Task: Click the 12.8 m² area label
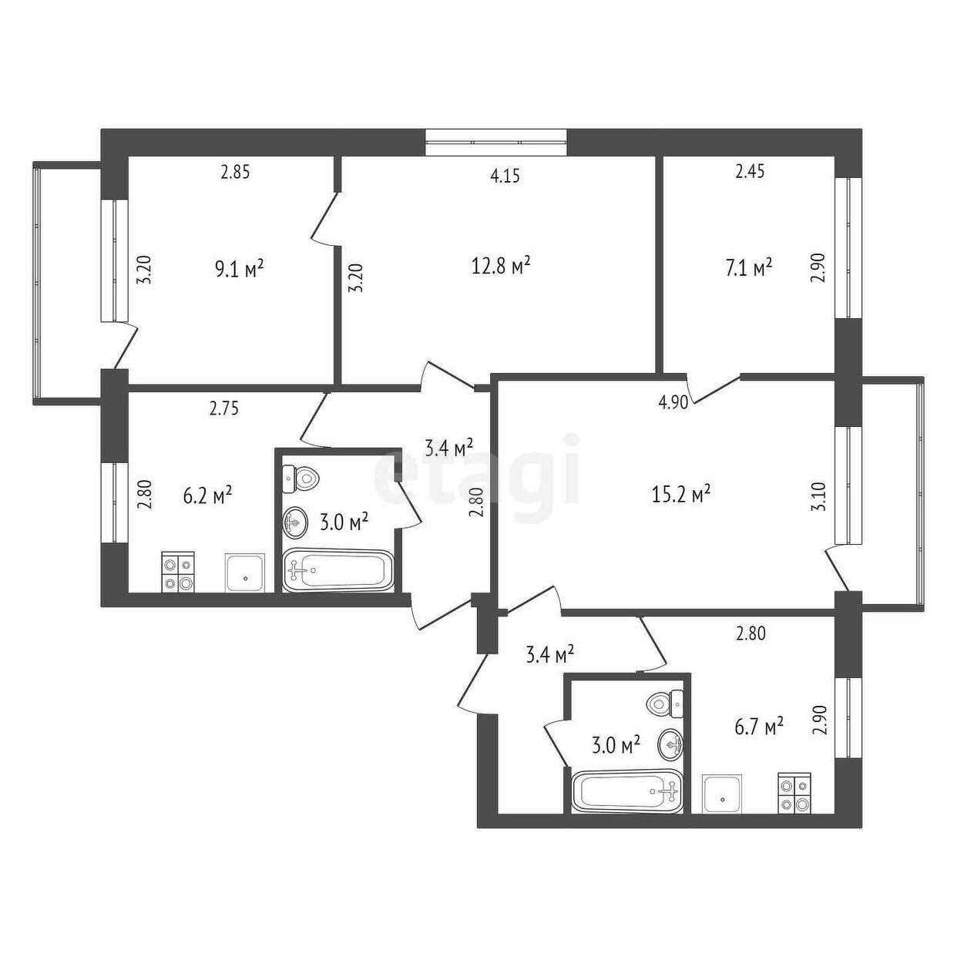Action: (x=501, y=267)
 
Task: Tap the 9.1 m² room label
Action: (x=239, y=270)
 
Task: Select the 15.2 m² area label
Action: (x=680, y=493)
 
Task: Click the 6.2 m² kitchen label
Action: (x=207, y=495)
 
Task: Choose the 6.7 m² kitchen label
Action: (x=758, y=728)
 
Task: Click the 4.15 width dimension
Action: (x=505, y=176)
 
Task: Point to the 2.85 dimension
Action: (x=235, y=173)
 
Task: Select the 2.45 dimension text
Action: (x=750, y=172)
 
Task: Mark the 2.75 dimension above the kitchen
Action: (x=224, y=408)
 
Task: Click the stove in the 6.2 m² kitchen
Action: (x=177, y=572)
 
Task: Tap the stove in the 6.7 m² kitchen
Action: (x=794, y=793)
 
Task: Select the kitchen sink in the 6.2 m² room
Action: (x=245, y=573)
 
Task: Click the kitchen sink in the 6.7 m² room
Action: (x=723, y=794)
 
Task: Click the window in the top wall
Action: (x=495, y=143)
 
